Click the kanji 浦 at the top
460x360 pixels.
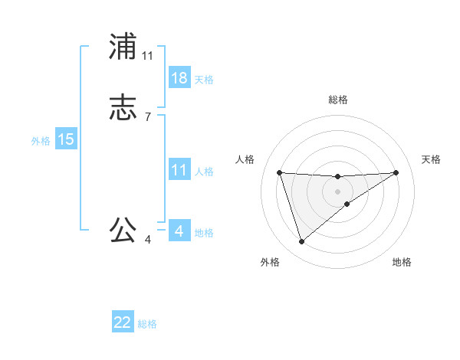(x=123, y=47)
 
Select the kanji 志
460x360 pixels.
(x=123, y=107)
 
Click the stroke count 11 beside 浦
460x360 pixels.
(x=148, y=56)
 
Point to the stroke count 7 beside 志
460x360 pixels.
(x=148, y=116)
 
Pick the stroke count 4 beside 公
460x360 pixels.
(x=148, y=240)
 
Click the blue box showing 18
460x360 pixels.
(x=179, y=78)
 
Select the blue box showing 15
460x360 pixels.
(x=66, y=139)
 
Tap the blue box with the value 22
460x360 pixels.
(x=123, y=322)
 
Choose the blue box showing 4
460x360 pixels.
(x=179, y=231)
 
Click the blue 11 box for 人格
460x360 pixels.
(x=179, y=170)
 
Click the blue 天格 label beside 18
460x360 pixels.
(x=204, y=80)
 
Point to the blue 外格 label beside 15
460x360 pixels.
(x=41, y=141)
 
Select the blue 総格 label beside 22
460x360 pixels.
(x=147, y=324)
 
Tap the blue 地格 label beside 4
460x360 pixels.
(x=204, y=233)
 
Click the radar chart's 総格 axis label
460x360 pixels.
(x=338, y=100)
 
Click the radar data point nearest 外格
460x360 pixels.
(x=301, y=242)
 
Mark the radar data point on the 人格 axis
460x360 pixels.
(x=280, y=172)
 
